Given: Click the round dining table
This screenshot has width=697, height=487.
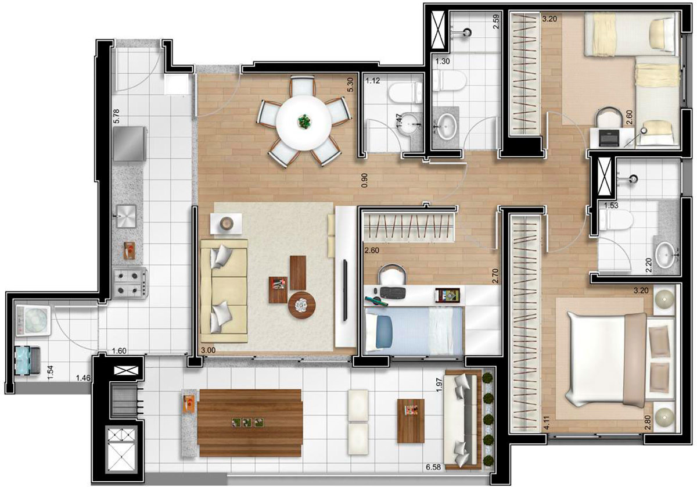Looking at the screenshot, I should (x=303, y=121).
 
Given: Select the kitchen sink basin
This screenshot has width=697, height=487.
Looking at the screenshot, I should (x=125, y=218).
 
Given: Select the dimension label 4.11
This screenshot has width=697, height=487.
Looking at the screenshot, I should (x=546, y=419).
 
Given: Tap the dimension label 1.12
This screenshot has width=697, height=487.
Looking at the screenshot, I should (x=373, y=81).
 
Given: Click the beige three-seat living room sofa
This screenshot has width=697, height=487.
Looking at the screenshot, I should (x=224, y=291).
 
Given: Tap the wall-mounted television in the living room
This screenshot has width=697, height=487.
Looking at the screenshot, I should (x=345, y=291).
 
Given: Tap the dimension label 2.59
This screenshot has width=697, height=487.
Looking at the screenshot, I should (x=496, y=29).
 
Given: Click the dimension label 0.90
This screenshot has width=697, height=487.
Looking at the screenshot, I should (x=364, y=180).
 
